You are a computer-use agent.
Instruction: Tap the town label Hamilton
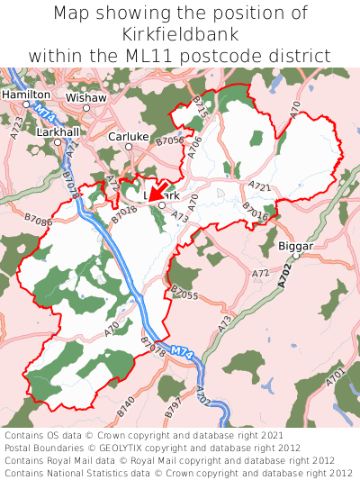[x=26, y=94]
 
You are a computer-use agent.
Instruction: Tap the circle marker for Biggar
[x=294, y=256]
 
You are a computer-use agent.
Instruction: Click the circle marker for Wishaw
[x=86, y=108]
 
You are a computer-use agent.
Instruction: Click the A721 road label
[x=259, y=186]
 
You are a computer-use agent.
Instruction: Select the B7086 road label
[x=38, y=220]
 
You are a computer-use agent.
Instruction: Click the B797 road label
[x=172, y=407]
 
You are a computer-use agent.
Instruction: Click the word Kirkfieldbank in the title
[x=180, y=34]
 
